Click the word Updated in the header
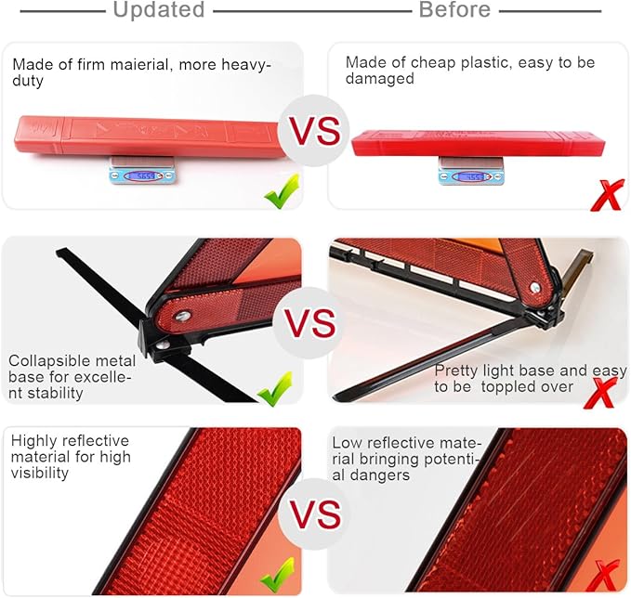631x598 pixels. [159, 9]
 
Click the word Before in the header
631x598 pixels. [454, 9]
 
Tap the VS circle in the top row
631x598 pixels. [315, 130]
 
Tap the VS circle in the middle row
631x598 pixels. [309, 323]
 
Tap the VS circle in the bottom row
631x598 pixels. [316, 513]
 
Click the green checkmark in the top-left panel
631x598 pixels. [283, 191]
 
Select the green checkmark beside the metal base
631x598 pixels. [275, 388]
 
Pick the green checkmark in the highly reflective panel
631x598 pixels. [277, 575]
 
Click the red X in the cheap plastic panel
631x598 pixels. [607, 195]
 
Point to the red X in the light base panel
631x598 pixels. [600, 393]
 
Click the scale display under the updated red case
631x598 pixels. [141, 175]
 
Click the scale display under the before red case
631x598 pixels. [471, 176]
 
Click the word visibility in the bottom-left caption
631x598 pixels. [40, 473]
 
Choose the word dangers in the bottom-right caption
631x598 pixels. [380, 475]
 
